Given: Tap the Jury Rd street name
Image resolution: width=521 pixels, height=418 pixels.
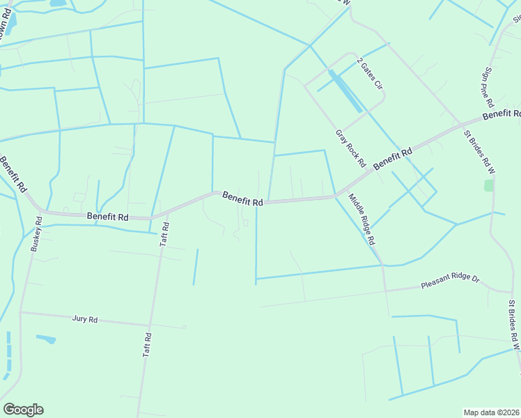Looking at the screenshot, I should point(85,319).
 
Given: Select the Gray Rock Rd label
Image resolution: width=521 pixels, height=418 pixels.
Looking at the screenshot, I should point(350,148).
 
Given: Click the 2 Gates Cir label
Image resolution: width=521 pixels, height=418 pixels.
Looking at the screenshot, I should point(370,74).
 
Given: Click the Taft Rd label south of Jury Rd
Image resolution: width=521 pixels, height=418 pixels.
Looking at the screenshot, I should point(147,345).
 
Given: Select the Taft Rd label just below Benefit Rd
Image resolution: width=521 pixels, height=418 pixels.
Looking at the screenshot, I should point(165,234).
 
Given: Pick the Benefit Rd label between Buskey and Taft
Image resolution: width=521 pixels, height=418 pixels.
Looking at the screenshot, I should point(107,217).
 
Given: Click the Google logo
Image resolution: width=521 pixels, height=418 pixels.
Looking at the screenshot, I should point(23,410).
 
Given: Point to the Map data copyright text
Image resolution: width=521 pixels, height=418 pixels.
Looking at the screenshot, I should point(491,412).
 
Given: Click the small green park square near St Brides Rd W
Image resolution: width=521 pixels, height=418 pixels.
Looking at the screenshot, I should point(489,185).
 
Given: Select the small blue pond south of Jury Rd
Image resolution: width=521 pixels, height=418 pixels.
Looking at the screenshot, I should point(45,339).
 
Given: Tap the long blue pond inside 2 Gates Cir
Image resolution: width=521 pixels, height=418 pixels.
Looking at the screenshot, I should point(345,91).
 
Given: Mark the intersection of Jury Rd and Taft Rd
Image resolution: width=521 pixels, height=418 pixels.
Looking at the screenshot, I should point(150,325).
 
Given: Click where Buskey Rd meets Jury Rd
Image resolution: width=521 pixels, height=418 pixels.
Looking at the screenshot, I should point(21,312).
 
